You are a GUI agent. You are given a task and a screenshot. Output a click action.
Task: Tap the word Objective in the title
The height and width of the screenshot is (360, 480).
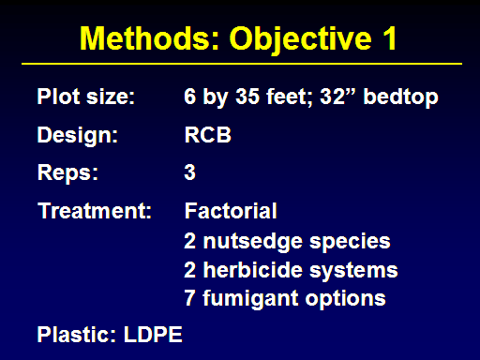coord(301,39)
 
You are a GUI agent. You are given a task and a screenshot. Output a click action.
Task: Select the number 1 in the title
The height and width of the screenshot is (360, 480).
coord(390,37)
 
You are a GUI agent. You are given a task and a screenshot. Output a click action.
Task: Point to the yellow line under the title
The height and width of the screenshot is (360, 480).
coord(242,64)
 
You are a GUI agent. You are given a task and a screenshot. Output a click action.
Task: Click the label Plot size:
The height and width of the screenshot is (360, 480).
coord(86,97)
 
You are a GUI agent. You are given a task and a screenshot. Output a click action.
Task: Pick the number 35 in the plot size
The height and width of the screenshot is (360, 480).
coord(247,97)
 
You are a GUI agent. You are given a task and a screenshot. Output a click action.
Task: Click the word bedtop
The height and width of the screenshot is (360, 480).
coord(400,97)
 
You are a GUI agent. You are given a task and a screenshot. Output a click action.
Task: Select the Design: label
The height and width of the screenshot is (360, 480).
coord(78,135)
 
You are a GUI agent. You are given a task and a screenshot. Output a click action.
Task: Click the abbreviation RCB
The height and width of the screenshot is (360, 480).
coord(208,135)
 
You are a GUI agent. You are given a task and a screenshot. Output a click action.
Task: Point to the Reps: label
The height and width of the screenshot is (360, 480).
coord(67,172)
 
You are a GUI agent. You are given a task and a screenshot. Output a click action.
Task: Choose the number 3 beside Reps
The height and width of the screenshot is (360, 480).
coord(189,172)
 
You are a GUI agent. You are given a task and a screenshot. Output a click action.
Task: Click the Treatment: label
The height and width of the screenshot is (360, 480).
coord(95,210)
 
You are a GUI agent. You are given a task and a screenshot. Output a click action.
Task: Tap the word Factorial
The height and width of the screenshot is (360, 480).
coord(231,211)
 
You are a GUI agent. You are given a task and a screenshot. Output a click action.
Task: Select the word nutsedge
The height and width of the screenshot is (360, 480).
coord(253,241)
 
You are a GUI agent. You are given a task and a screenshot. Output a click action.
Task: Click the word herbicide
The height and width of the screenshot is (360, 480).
coord(253,269)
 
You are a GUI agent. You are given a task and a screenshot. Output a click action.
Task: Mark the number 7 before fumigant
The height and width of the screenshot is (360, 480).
coord(189,298)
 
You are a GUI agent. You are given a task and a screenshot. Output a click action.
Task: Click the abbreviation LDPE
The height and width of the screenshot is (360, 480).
coord(153,335)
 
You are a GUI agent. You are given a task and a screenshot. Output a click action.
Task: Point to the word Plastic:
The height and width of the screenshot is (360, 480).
coord(77,335)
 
